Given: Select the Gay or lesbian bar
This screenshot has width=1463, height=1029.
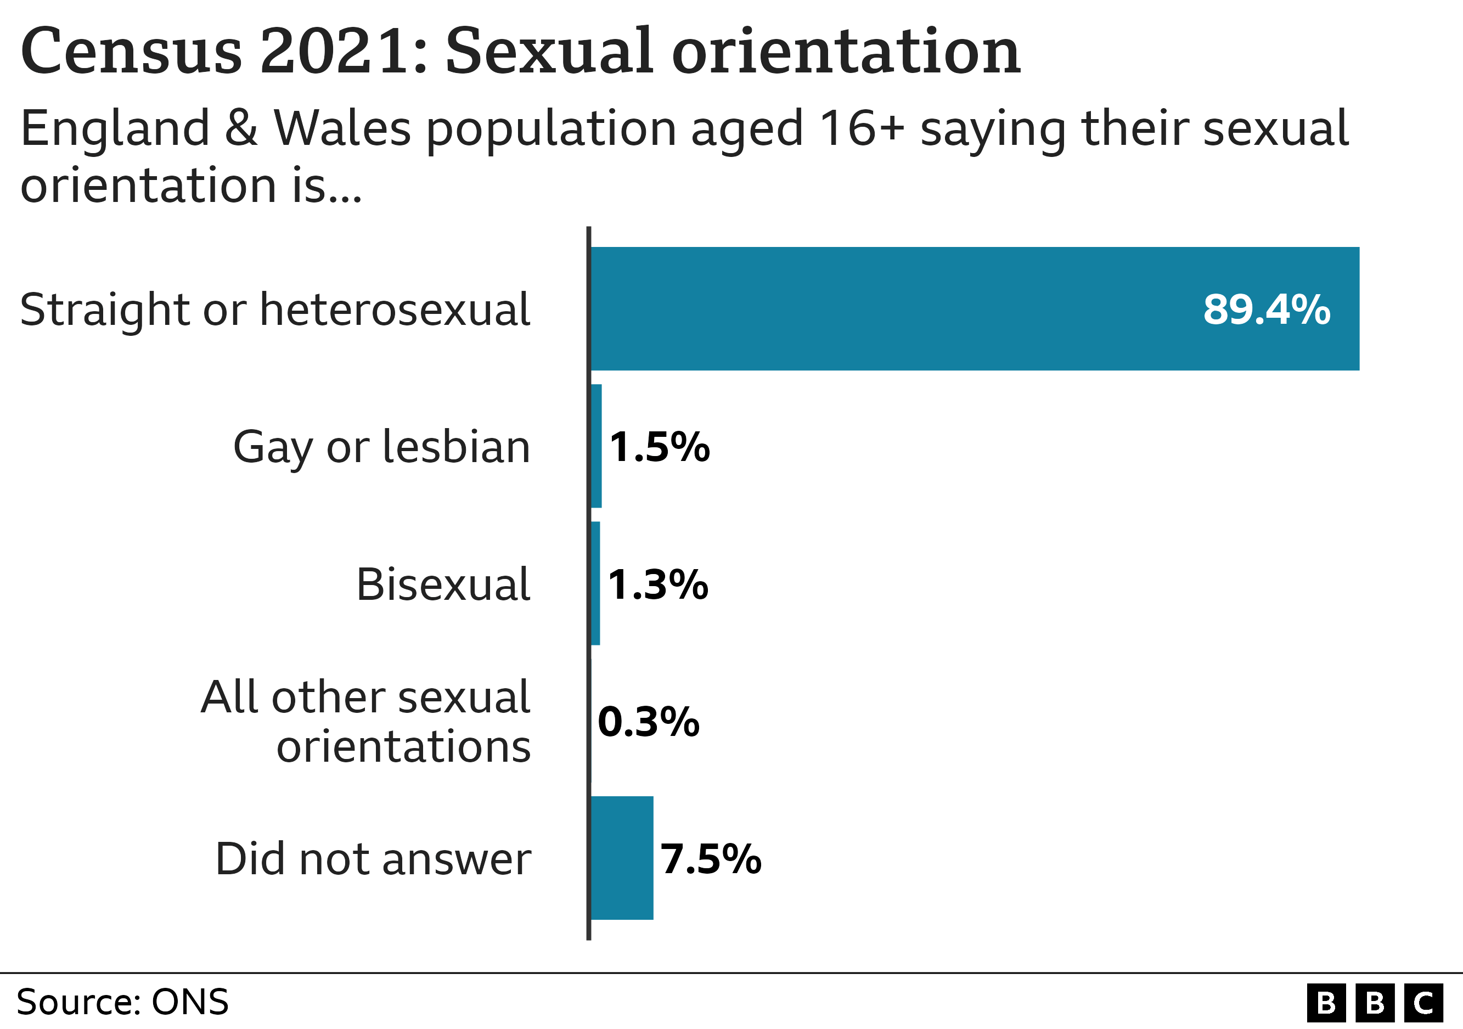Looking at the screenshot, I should pos(596,446).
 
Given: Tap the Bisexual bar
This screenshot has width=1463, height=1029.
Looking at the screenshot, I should pos(595,583).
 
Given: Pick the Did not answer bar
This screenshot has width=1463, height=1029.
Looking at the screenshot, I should pos(622,858).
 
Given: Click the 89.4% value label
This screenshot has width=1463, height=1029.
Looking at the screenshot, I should pos(1266,310).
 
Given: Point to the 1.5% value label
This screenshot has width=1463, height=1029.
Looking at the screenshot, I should pos(659,447).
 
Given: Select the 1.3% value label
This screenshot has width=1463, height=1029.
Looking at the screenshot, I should pos(657,584).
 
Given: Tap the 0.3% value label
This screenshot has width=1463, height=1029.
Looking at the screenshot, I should pos(648,722).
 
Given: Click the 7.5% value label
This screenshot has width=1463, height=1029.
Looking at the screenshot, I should pos(710,858).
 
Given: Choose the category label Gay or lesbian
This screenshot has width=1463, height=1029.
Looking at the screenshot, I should pos(381,447).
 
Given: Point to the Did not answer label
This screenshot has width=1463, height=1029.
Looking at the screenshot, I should pos(373,859).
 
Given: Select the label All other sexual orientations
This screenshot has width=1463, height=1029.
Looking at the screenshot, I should pos(365,721).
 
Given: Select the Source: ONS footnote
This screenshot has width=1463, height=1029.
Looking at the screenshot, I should pos(122,1002).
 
